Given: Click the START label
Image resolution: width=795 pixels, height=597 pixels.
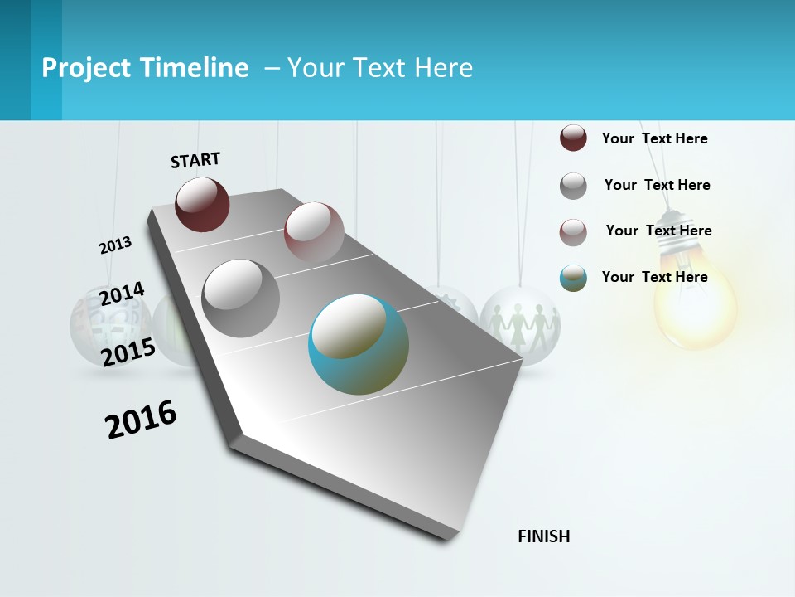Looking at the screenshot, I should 195,160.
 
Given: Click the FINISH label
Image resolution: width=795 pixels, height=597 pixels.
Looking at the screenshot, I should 544,536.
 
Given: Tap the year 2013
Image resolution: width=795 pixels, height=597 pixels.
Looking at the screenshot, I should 115,245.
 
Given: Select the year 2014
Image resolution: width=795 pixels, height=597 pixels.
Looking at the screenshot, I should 122,294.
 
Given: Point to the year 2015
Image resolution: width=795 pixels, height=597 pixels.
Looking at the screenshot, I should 128,352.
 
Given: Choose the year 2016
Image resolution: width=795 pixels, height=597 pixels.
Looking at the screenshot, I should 141,419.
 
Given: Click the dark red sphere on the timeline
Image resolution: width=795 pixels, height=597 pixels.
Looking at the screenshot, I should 202,204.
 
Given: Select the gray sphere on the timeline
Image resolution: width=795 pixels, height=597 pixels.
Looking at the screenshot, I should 241,298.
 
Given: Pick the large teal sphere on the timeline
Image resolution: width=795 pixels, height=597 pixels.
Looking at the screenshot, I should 359,344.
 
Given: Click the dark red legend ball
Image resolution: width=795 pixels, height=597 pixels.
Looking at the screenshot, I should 573,138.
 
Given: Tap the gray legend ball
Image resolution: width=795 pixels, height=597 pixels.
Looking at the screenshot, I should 573,186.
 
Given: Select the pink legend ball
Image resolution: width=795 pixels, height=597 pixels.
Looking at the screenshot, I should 573,232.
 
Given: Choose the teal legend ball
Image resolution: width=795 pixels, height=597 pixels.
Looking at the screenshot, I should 573,278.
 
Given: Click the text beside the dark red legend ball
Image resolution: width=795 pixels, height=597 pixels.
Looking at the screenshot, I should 654,138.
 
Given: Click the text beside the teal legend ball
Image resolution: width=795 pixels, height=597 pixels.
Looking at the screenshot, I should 654,277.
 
